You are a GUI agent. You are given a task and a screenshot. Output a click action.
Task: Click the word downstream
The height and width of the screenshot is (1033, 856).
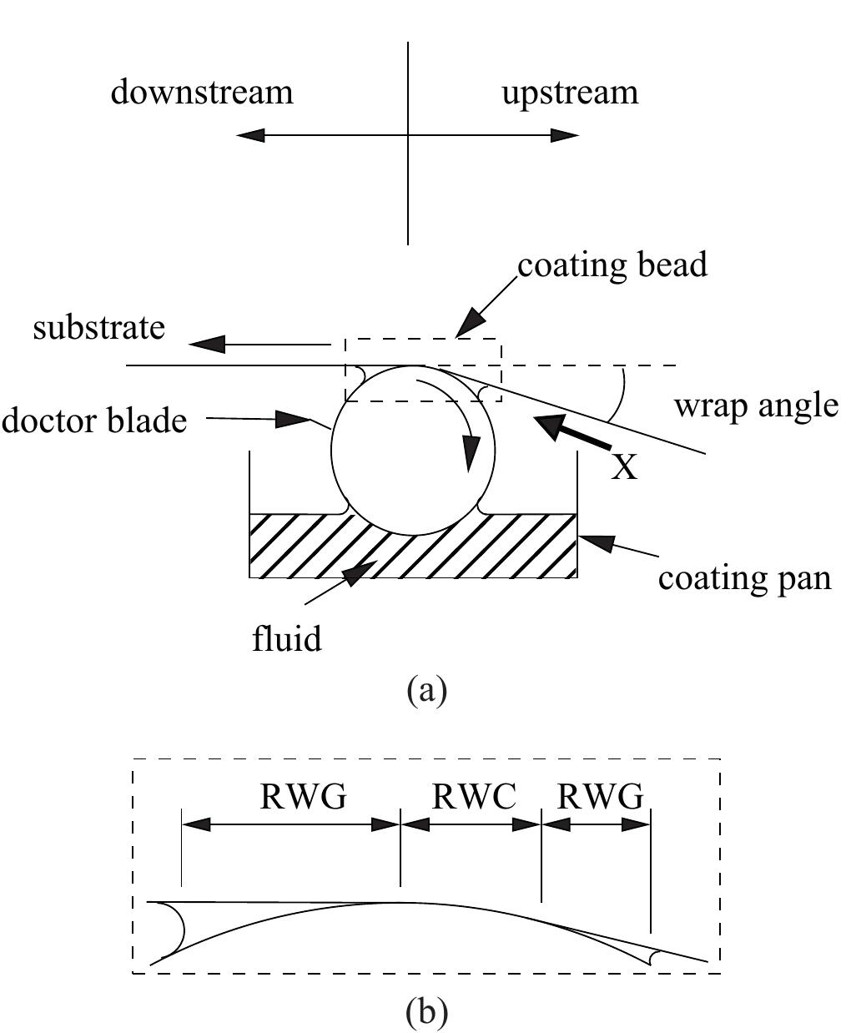pyautogui.click(x=202, y=92)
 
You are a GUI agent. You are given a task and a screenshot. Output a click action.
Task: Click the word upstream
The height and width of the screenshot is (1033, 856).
pyautogui.click(x=570, y=92)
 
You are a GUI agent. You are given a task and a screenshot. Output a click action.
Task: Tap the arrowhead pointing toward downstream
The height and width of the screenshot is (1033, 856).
pyautogui.click(x=249, y=135)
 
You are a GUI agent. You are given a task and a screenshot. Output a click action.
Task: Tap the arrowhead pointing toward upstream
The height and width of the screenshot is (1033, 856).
pyautogui.click(x=566, y=135)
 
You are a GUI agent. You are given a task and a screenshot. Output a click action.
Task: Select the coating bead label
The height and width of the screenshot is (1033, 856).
pyautogui.click(x=612, y=265)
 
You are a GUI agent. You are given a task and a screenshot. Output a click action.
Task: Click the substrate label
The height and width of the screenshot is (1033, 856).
pyautogui.click(x=98, y=327)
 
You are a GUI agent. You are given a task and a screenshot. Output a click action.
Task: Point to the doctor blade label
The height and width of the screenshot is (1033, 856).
pyautogui.click(x=93, y=420)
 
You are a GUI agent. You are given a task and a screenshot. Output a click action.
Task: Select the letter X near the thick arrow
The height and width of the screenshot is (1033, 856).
pyautogui.click(x=624, y=467)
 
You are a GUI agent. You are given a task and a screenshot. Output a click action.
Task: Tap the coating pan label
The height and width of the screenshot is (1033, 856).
pyautogui.click(x=744, y=577)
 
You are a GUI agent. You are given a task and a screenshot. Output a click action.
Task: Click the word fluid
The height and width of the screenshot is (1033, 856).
pyautogui.click(x=287, y=640)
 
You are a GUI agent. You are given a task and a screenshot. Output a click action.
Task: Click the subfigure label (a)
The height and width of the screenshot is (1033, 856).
pyautogui.click(x=426, y=690)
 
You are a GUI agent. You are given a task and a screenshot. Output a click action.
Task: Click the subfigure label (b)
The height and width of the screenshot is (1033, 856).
pyautogui.click(x=426, y=1012)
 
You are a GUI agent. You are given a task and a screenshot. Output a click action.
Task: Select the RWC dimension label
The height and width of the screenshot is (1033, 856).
pyautogui.click(x=473, y=798)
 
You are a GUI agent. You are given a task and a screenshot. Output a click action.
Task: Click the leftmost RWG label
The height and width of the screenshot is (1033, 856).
pyautogui.click(x=303, y=798)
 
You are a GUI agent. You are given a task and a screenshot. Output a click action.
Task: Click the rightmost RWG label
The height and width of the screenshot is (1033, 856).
pyautogui.click(x=600, y=798)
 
